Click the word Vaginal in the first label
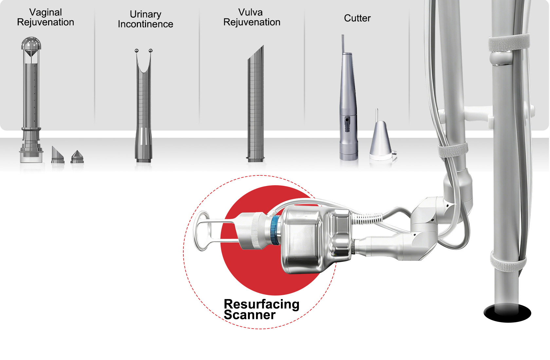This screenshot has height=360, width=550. (x=46, y=12)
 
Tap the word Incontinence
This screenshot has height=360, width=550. (x=145, y=24)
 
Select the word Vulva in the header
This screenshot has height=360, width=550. (x=250, y=12)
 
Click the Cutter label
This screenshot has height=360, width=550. (x=357, y=18)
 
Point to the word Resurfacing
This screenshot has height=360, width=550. (x=261, y=304)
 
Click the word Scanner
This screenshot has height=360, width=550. (x=249, y=315)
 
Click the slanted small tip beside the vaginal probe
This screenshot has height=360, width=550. (x=57, y=155)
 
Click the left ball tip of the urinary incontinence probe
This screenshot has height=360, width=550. (x=137, y=51)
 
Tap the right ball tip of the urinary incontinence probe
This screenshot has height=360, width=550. (x=151, y=51)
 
